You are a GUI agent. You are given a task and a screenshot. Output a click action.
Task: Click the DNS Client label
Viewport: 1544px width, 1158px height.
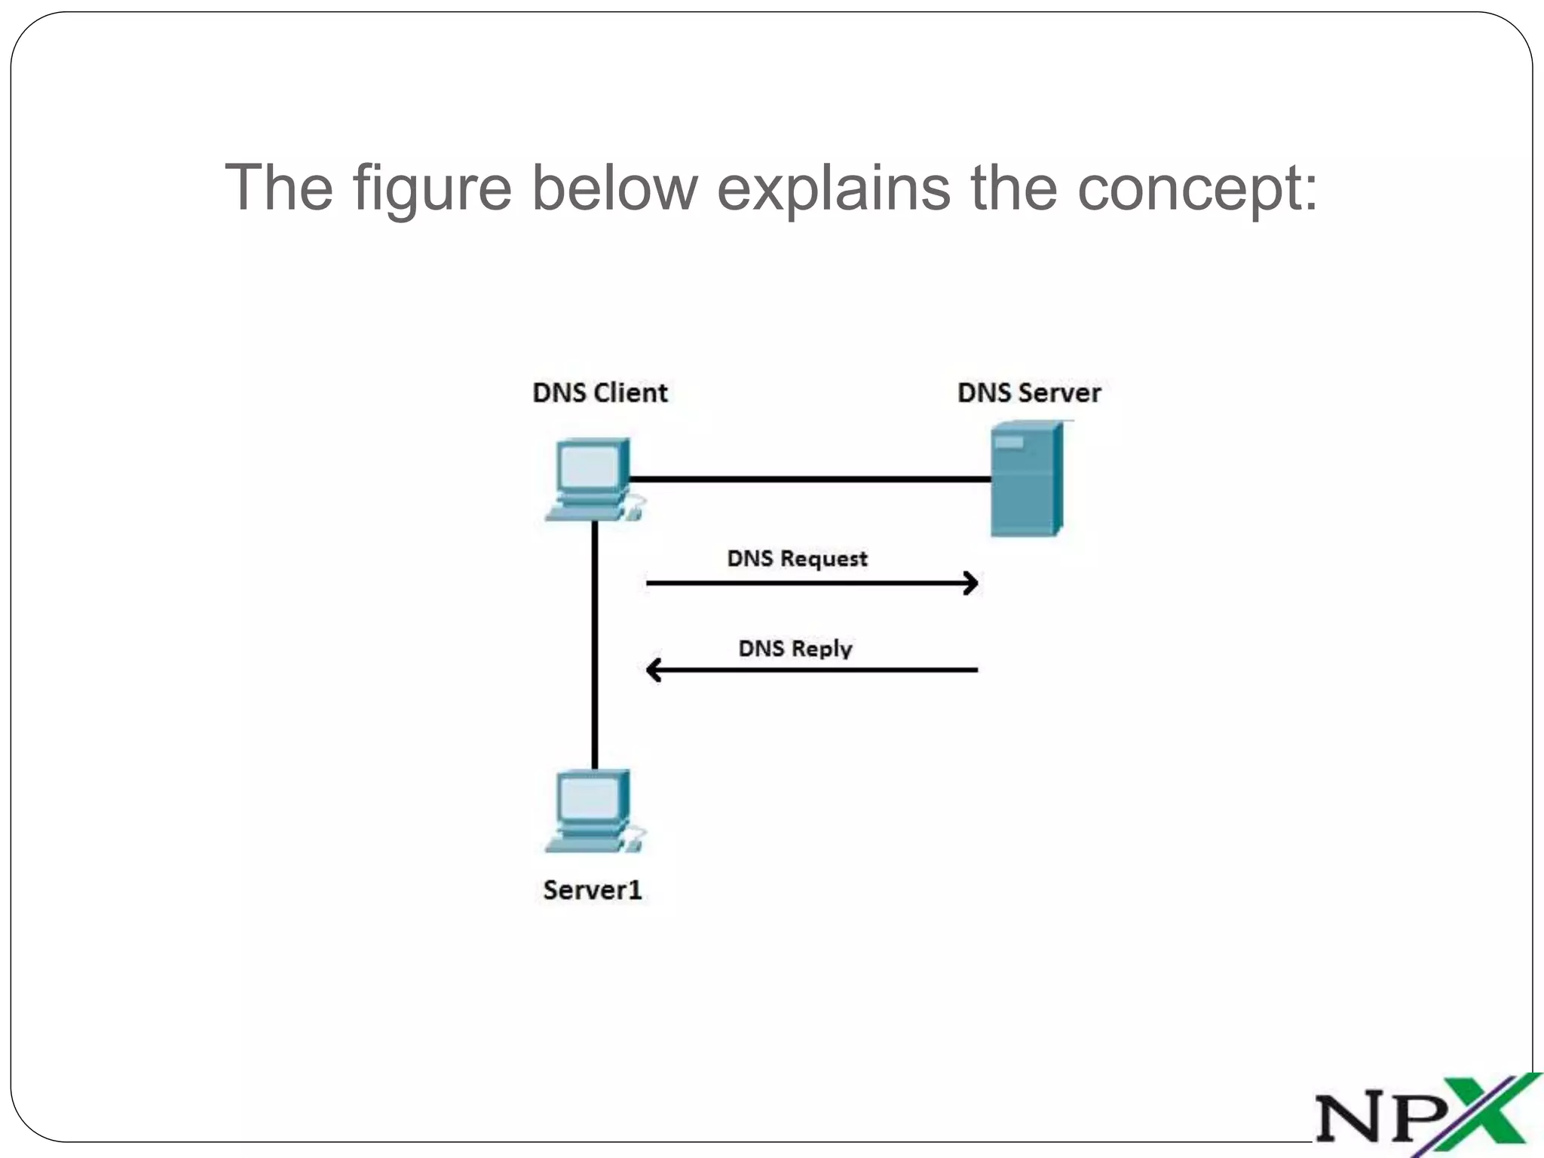coord(600,393)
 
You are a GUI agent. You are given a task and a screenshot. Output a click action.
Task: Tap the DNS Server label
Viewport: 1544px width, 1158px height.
coord(1029,393)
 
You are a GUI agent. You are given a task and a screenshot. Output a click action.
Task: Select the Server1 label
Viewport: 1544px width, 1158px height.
coord(593,890)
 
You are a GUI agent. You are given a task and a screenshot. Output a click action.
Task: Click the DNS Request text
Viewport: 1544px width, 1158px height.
coord(797,559)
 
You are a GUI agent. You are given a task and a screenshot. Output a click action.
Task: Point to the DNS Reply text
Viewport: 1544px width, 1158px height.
coord(795,648)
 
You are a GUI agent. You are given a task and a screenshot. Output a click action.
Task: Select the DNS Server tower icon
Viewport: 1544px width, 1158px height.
coord(1026,479)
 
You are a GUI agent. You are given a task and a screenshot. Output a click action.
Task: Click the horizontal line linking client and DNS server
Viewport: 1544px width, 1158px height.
coord(810,479)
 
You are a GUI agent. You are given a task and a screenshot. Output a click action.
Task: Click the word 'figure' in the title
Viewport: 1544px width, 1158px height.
coord(432,188)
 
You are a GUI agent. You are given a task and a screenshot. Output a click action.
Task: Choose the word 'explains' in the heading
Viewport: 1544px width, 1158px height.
coord(833,188)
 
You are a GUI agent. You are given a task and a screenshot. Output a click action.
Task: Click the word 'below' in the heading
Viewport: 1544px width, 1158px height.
coord(614,188)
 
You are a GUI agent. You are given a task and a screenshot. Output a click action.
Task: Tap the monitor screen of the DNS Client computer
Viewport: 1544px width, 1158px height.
coord(588,468)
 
